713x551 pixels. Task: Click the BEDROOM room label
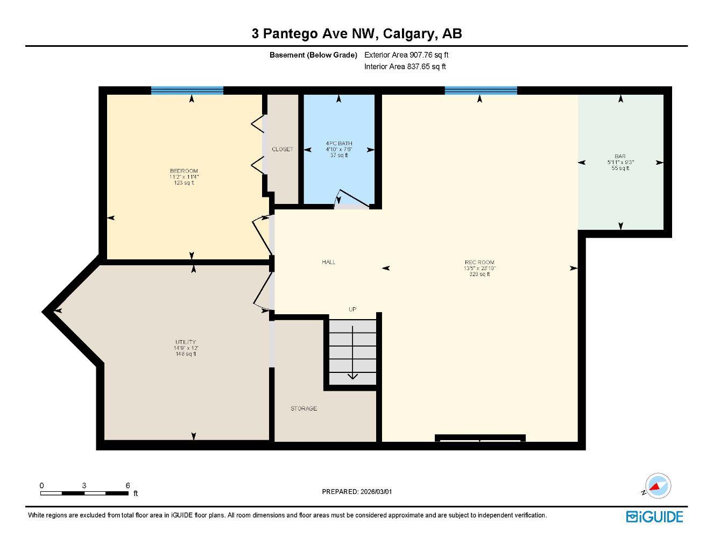click(184, 171)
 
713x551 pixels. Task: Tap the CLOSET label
click(283, 149)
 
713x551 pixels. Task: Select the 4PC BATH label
click(339, 143)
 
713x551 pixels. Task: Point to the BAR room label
click(620, 157)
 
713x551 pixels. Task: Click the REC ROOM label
click(479, 263)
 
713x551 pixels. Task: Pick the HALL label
click(329, 262)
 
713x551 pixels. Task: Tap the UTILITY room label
click(185, 342)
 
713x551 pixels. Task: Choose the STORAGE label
click(304, 409)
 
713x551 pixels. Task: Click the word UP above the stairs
click(352, 309)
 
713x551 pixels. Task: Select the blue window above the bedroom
click(187, 90)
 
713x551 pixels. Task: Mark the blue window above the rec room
click(481, 90)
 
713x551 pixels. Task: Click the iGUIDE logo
click(654, 517)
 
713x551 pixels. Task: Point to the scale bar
click(84, 492)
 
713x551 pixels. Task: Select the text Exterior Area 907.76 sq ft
click(406, 55)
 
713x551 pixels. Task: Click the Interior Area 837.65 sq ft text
click(405, 67)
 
